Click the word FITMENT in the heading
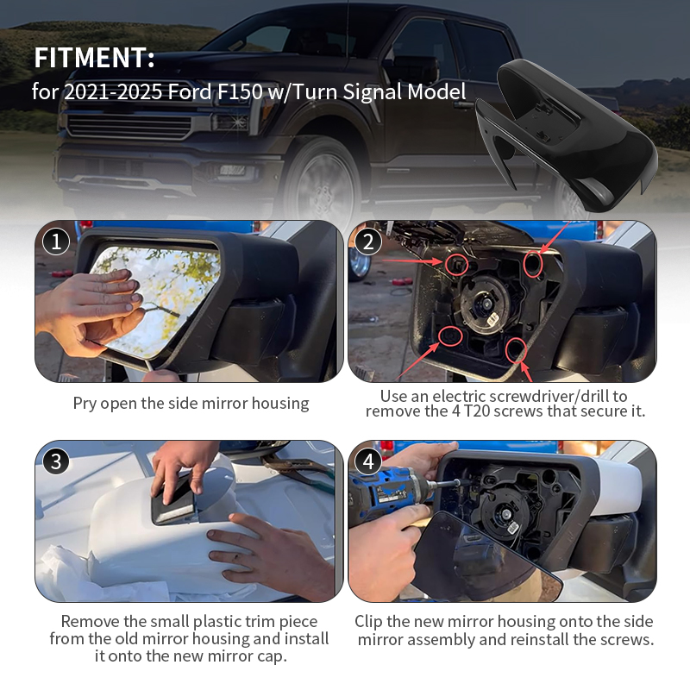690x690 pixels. (91, 58)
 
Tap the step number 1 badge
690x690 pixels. (56, 241)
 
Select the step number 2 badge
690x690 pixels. (368, 241)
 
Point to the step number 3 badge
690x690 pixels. (56, 461)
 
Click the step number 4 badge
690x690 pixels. (368, 461)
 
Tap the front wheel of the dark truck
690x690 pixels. (323, 183)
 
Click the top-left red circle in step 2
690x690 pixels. (456, 265)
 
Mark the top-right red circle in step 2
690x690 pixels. (532, 264)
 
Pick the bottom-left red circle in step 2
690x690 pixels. (450, 336)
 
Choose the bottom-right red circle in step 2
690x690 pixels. (516, 350)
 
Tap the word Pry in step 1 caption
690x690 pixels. (85, 404)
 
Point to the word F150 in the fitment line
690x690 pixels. (239, 91)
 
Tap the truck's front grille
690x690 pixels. (129, 126)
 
